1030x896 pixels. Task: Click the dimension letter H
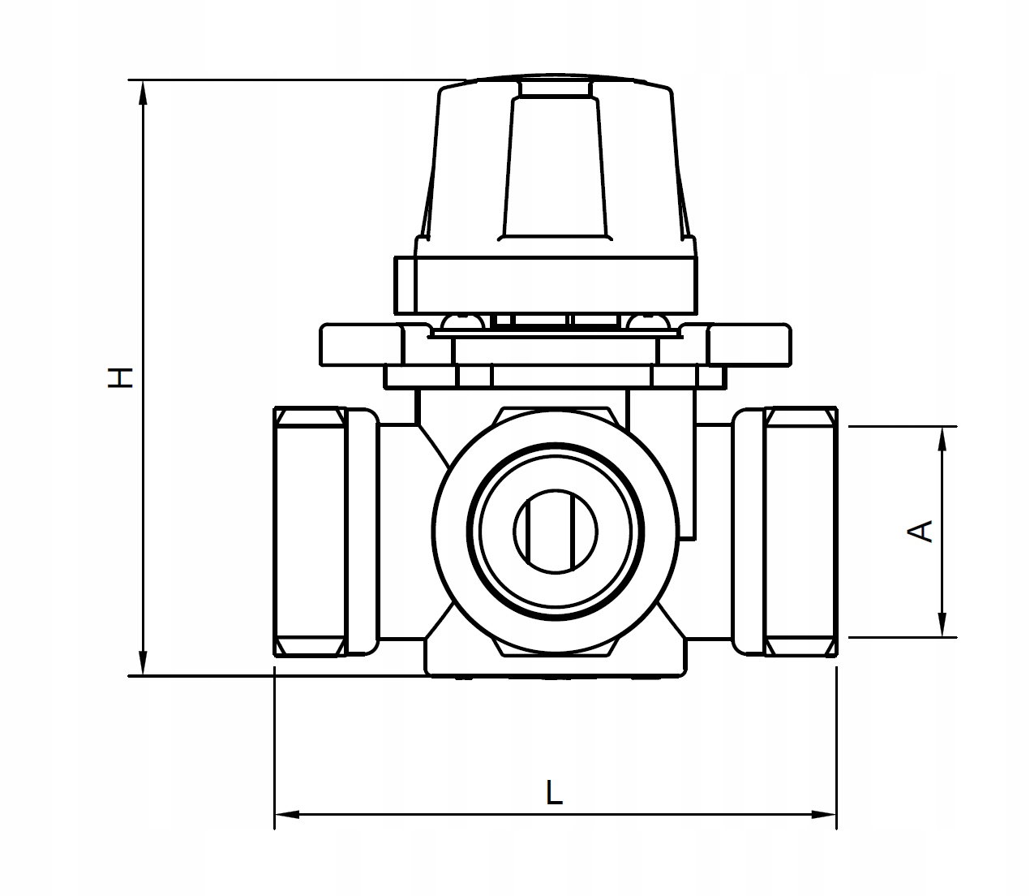[121, 377]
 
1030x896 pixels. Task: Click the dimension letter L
[554, 792]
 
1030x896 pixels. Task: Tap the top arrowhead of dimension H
[144, 93]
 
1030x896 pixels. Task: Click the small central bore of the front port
[556, 532]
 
